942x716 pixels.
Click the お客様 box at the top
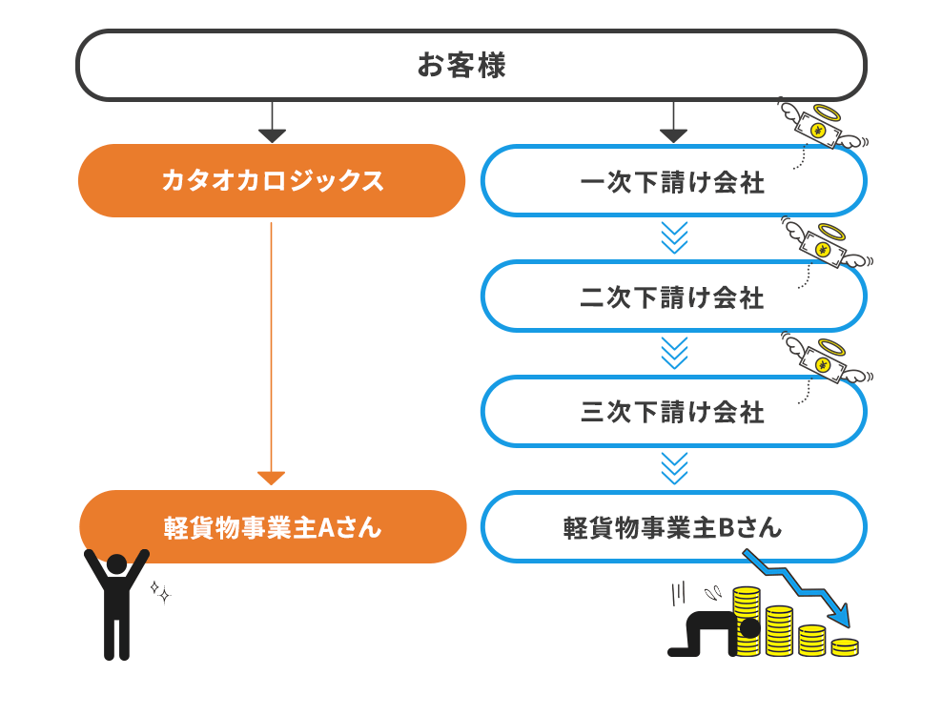click(x=471, y=65)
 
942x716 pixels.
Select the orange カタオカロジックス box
click(x=272, y=180)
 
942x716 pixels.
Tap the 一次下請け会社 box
click(x=673, y=180)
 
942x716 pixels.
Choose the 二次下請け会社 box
click(x=673, y=296)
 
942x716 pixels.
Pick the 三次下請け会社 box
click(x=673, y=411)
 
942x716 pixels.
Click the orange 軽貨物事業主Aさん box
click(x=272, y=526)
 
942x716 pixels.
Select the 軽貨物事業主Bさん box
click(x=673, y=526)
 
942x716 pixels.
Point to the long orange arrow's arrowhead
click(x=272, y=478)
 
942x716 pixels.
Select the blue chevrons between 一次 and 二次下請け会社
click(x=673, y=238)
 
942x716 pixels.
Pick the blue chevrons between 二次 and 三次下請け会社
click(x=673, y=354)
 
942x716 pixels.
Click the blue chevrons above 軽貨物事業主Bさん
click(x=673, y=469)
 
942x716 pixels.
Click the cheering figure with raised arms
click(x=116, y=603)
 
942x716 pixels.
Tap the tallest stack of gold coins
click(x=747, y=620)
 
